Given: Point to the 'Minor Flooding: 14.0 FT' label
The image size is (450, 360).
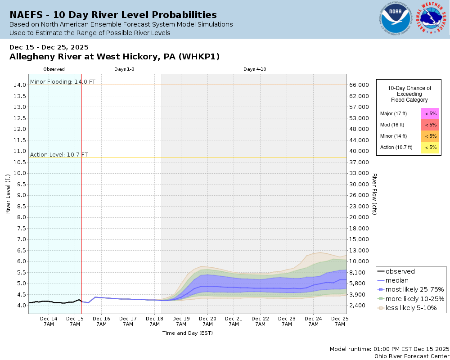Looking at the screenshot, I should pos(63,82).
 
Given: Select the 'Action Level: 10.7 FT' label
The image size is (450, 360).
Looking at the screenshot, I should pos(59,155).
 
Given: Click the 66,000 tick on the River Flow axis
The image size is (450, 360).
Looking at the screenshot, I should pos(360,85).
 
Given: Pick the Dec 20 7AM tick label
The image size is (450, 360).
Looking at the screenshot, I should pos(207,321).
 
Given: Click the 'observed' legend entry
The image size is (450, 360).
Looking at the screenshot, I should pos(400,271).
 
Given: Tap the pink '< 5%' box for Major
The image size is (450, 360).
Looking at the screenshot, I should pos(430,113).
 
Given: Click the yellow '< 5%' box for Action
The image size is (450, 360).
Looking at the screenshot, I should pos(430,147).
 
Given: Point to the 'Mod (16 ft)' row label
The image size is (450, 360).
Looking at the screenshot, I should pos(392,125).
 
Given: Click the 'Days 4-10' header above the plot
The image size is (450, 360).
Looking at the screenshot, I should pos(255,69).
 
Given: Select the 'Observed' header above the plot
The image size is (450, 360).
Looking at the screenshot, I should pos(54,69).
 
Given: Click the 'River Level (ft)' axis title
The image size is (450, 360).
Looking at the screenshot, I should pos(8,194).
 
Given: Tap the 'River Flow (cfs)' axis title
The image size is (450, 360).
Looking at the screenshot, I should pos(374,193).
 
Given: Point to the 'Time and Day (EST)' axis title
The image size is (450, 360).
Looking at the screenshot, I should pos(187,333).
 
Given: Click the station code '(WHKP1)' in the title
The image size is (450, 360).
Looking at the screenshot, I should pos(199,57).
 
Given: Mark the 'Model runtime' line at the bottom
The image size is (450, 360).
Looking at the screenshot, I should pos(389,349).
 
